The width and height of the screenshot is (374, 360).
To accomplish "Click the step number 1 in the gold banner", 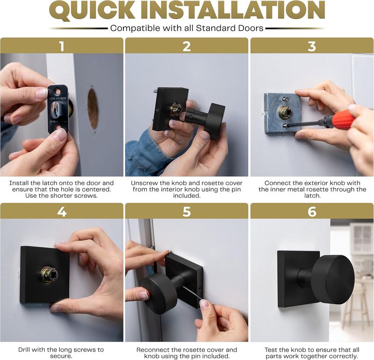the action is point(62,46).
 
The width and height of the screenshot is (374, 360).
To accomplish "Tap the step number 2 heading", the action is point(187,46).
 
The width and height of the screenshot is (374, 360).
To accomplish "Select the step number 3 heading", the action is point(312,46).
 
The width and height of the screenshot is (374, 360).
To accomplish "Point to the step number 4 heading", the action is point(62,212).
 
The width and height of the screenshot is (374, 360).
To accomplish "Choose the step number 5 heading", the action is point(187,212).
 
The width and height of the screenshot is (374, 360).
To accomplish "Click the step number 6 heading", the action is point(312,212).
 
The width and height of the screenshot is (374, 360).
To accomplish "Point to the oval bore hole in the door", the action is point(93,108).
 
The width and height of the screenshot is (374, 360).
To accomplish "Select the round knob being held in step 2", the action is point(214,121).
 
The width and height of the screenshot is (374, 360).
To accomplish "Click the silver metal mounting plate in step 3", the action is point(282,113).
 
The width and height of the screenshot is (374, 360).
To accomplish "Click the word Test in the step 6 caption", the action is point(271,350).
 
